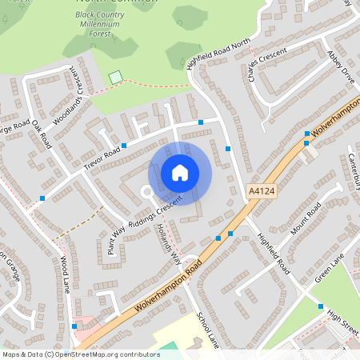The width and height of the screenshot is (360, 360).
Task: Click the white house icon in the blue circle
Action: [x=179, y=173]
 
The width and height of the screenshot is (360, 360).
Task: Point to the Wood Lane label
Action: [x=66, y=274]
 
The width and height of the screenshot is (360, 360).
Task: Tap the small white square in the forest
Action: [x=116, y=77]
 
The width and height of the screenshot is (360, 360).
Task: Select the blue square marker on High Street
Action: [x=321, y=306]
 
